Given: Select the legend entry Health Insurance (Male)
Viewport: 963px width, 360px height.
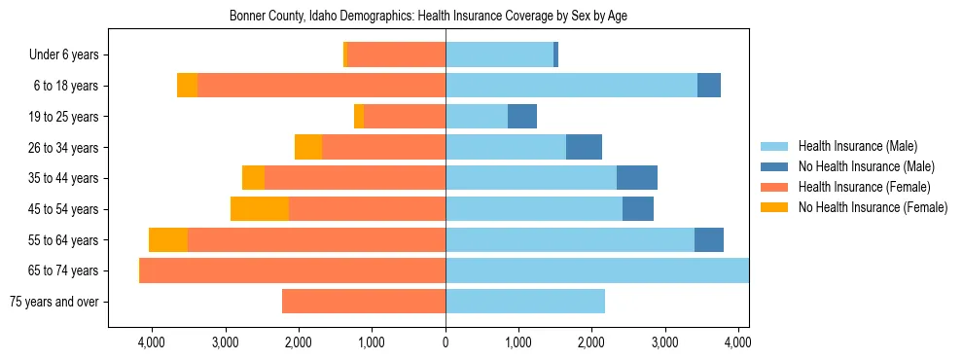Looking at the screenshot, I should pos(857,146).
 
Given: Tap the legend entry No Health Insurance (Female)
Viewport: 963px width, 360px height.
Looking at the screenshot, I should pos(873,207).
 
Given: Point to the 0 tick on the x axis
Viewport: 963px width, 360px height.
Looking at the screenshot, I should pos(446,342).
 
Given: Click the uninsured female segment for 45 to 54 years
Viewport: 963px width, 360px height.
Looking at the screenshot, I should pos(260,209).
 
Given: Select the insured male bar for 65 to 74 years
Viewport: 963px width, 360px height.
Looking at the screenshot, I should pos(597,270).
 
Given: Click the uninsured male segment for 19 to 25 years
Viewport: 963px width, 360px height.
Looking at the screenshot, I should pos(522,117).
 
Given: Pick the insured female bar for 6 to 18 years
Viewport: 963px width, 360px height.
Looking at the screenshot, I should pos(321,86).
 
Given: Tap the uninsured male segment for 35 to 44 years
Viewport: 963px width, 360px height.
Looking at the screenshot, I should pos(637,178).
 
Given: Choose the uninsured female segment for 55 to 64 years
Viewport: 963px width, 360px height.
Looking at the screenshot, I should pos(168,240).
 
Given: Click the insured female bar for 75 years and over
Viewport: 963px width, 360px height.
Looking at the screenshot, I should pos(364,302).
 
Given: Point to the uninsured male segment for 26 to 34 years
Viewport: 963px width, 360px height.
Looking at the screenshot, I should pos(584,147).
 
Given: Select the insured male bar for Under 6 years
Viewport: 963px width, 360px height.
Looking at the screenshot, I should pos(499,55).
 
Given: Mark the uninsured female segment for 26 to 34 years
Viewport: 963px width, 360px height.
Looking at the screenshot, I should pos(308,147).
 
